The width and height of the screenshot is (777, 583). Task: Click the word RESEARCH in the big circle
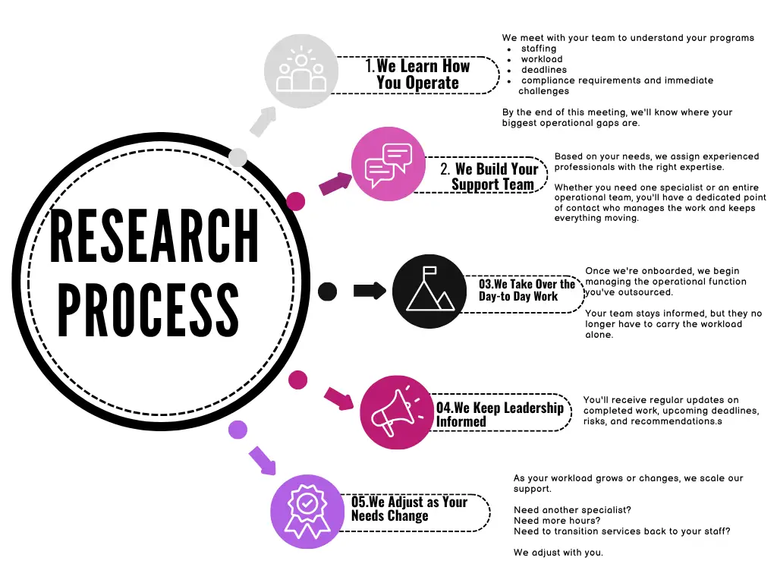154,235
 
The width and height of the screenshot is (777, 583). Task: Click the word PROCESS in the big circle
149,310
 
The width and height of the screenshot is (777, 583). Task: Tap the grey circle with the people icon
300,71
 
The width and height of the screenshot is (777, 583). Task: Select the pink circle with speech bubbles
388,164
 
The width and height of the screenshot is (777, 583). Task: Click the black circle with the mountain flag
429,291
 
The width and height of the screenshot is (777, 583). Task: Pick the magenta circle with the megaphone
397,412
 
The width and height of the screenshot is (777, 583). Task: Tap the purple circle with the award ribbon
307,512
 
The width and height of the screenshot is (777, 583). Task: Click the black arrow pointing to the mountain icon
370,291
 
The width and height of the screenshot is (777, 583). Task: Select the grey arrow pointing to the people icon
263,121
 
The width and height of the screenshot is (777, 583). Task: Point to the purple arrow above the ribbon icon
263,461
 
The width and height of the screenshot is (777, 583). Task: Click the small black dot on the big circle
327,291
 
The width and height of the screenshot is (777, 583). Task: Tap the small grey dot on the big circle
238,157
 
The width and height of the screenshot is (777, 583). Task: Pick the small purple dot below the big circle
238,430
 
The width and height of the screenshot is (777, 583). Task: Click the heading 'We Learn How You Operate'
418,74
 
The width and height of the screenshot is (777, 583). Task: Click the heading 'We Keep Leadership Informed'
499,414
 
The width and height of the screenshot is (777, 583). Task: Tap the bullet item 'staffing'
539,49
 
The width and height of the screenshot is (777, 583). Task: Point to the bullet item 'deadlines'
543,70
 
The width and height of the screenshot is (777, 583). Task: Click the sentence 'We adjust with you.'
558,553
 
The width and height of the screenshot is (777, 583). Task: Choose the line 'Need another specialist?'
572,510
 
